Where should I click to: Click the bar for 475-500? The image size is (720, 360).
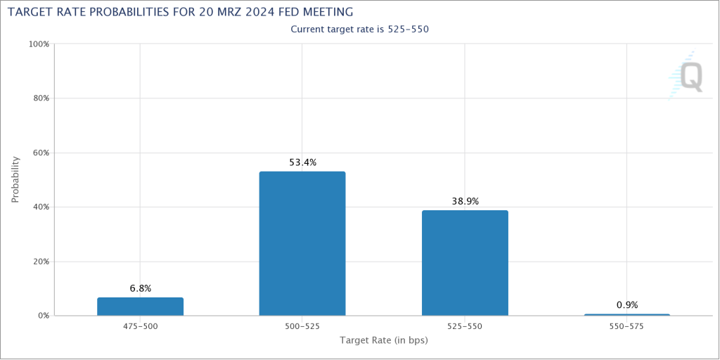tap(140, 307)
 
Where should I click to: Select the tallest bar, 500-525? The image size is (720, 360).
tap(302, 243)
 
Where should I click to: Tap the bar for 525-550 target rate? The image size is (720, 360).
tap(465, 263)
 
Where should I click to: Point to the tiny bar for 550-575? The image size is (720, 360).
tap(626, 314)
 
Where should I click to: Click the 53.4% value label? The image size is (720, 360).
tap(302, 162)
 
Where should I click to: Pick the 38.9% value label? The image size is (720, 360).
tap(465, 201)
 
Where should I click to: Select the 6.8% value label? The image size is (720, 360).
tap(140, 288)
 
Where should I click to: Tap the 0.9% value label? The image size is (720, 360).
tap(626, 304)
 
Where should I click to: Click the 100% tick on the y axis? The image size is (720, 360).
tap(39, 44)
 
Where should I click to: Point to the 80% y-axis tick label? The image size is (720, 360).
tap(40, 98)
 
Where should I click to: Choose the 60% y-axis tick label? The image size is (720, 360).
tap(40, 153)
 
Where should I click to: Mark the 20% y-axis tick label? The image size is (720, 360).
tap(40, 262)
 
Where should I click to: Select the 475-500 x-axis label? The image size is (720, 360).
tap(140, 327)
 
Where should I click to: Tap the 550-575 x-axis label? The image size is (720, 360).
tap(626, 327)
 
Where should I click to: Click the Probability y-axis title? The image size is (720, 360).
tap(15, 180)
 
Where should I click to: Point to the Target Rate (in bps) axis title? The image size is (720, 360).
tap(383, 341)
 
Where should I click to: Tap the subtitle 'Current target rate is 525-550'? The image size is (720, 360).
tap(359, 30)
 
